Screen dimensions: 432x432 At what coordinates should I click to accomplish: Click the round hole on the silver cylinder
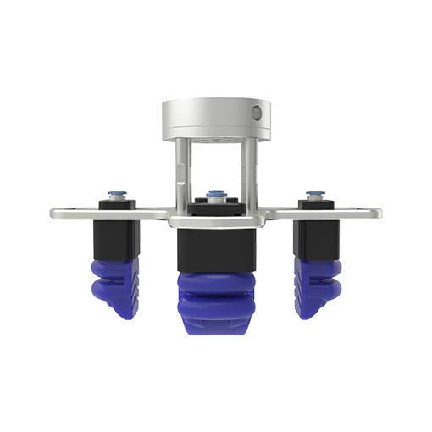click(257, 112)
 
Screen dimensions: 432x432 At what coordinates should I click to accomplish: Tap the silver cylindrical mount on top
click(215, 119)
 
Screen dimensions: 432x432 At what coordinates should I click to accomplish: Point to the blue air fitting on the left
click(117, 195)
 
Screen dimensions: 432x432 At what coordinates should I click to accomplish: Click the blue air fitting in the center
click(216, 194)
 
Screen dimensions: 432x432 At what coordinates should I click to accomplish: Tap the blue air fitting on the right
click(315, 194)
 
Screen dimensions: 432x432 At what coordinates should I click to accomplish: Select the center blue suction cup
click(216, 301)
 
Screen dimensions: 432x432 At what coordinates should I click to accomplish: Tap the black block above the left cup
click(116, 238)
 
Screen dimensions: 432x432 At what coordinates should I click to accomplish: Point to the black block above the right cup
click(317, 238)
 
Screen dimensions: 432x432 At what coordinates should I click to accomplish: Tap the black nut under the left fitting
click(117, 204)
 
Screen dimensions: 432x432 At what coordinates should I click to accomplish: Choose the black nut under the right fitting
click(315, 204)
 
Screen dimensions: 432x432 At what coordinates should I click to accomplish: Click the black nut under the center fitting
click(216, 207)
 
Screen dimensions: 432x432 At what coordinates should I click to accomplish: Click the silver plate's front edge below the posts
click(216, 222)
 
